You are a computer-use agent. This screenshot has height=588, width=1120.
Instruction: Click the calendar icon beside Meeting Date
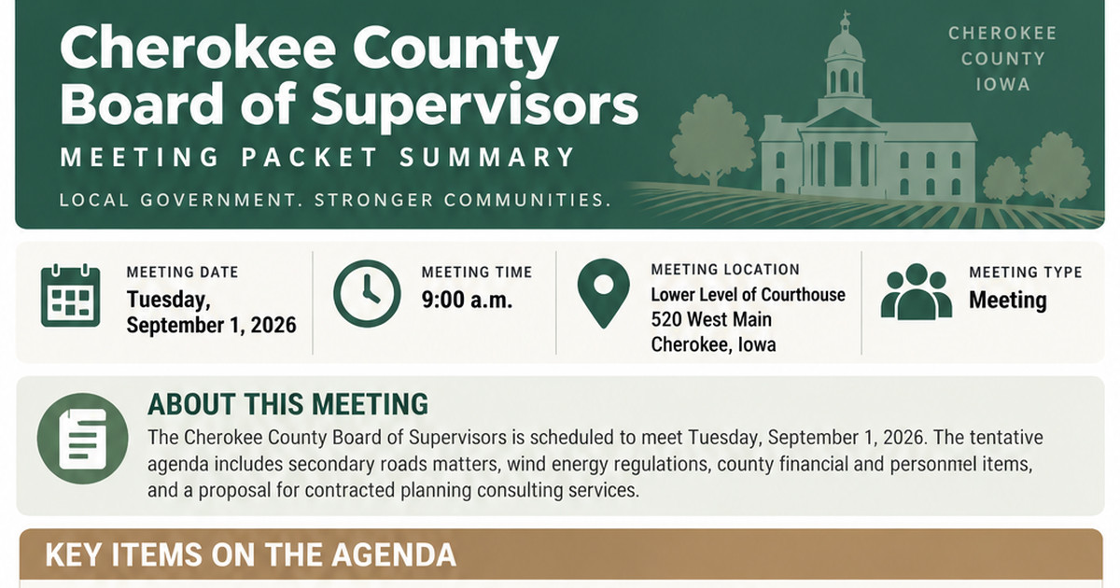(x=71, y=296)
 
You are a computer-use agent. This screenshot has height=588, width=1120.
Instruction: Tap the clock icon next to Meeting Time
(x=367, y=293)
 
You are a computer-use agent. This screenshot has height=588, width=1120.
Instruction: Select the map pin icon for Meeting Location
(x=604, y=293)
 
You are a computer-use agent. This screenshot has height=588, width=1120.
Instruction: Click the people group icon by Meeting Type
(x=916, y=292)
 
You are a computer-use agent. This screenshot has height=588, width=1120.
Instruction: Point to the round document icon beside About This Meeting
(x=82, y=439)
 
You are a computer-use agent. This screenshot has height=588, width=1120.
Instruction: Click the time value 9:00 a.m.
(x=467, y=300)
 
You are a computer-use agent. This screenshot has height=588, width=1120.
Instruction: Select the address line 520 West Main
(x=711, y=319)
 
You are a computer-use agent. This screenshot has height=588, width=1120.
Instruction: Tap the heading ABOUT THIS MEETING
(x=288, y=404)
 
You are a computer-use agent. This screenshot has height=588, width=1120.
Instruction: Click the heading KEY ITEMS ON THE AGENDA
(x=250, y=554)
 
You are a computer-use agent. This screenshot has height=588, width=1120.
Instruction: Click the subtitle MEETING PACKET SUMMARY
(x=318, y=157)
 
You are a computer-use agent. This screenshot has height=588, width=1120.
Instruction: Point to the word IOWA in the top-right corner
(x=1002, y=85)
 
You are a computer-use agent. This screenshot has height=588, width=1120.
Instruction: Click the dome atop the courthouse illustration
(x=845, y=44)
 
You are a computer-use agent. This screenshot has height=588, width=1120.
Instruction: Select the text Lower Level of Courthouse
(x=748, y=295)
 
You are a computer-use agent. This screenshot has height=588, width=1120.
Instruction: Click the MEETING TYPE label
(x=1026, y=273)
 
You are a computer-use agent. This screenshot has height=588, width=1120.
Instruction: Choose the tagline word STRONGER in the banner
(x=374, y=201)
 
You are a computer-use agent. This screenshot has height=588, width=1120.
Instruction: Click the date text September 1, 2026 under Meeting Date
(x=212, y=326)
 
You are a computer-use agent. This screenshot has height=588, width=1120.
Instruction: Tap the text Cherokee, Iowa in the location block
(x=713, y=344)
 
